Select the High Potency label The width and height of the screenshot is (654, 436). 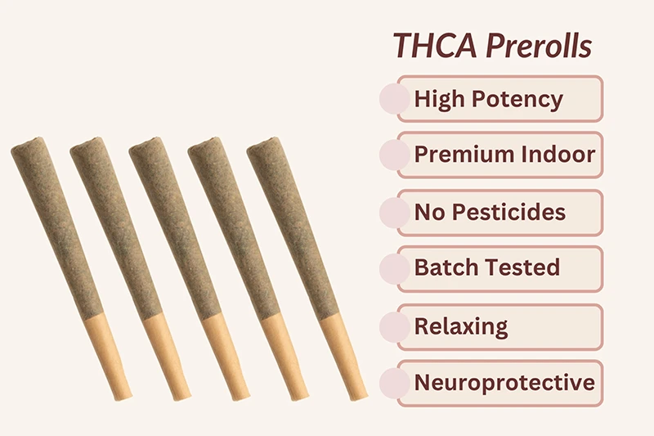(x=488, y=99)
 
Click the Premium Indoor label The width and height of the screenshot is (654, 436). (x=504, y=155)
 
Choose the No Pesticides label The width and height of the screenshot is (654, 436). (x=489, y=212)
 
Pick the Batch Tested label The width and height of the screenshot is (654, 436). (x=486, y=267)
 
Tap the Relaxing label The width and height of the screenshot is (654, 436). (x=460, y=326)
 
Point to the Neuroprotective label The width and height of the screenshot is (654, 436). (x=504, y=382)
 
